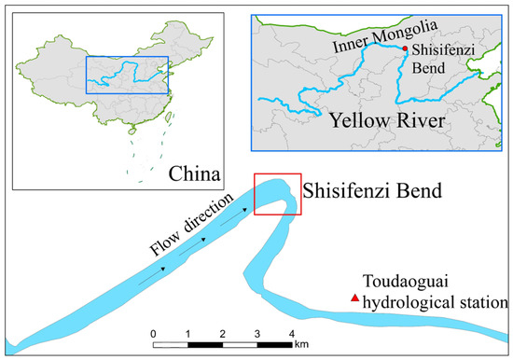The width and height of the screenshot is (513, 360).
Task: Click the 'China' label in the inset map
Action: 195,174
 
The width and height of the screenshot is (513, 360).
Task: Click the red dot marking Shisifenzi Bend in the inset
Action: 404,48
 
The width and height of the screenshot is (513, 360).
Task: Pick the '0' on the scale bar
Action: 153,333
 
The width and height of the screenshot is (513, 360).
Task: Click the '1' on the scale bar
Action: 188,333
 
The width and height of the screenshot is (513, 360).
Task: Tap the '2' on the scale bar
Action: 223,333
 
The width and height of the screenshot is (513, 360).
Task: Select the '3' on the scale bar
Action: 257,333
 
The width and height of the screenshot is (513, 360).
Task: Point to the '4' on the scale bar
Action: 292,333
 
